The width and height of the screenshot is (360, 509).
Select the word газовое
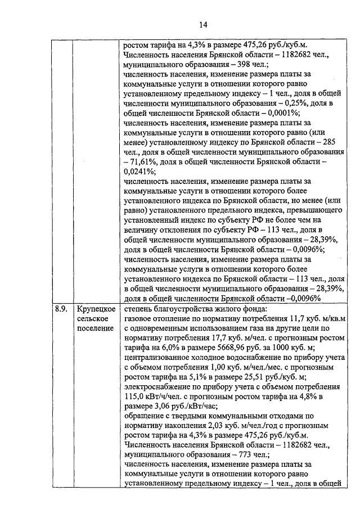click(139, 318)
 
